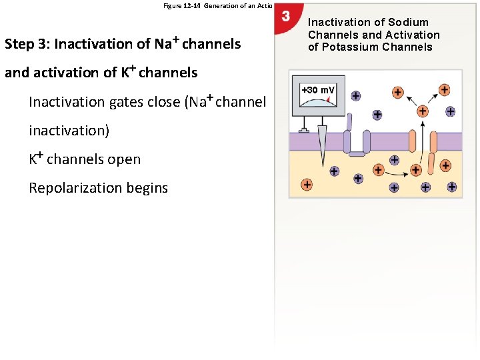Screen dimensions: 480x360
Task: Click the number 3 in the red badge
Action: coord(285,16)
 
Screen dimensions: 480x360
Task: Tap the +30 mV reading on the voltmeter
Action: coord(318,90)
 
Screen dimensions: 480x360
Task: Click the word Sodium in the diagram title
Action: coord(409,23)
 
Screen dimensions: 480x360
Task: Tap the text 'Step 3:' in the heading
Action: coord(27,45)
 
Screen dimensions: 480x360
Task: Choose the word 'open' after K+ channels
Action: coord(125,159)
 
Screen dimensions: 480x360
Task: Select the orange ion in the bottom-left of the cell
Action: coord(307,184)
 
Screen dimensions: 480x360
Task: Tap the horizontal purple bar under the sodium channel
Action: coord(357,154)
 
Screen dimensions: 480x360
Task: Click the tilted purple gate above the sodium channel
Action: coord(349,122)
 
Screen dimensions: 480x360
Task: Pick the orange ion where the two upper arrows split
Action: coord(422,111)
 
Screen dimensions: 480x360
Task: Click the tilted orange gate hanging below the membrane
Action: coord(431,162)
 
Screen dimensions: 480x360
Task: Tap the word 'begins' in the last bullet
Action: coord(148,188)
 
